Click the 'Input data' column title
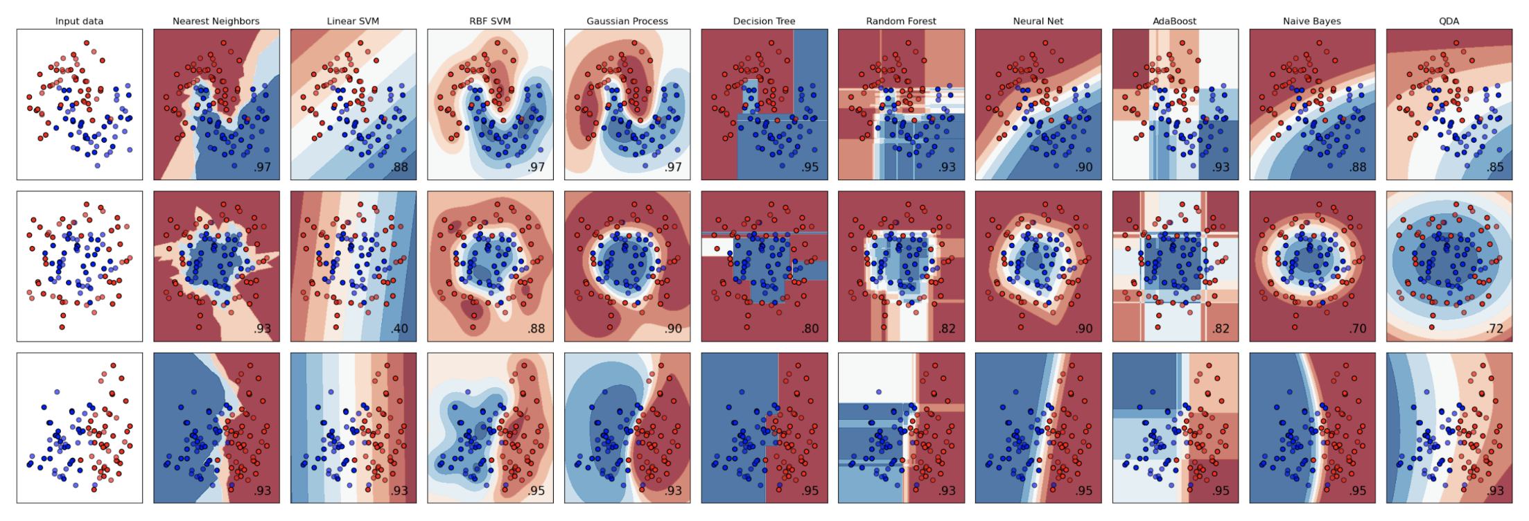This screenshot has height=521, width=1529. coord(79,21)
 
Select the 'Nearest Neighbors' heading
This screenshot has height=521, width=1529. coord(216,21)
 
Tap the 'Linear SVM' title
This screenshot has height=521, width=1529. coord(353,21)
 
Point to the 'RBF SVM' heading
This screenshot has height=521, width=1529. coord(490,21)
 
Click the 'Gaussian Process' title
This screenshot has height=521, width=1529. coord(627,21)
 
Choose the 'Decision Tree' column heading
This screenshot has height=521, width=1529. coord(764,21)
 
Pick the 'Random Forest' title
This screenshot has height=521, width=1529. coord(901,21)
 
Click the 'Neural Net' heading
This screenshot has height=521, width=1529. coord(1038,21)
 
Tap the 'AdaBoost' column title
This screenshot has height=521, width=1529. coord(1175,21)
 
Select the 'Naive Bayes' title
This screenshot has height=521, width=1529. coord(1311,21)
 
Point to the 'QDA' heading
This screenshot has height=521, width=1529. coord(1449,21)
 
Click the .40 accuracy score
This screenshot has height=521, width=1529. coord(399,328)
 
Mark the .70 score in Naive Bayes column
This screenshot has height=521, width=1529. coord(1358,328)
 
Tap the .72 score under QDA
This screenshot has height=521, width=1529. coord(1495,328)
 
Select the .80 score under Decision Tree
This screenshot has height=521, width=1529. coord(810,328)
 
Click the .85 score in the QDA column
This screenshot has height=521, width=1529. coord(1495,167)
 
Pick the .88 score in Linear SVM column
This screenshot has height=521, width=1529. coord(399,167)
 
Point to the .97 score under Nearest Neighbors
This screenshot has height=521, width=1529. coord(262,167)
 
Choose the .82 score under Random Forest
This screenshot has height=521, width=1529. coord(947,328)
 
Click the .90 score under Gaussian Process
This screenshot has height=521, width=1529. coord(673,328)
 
